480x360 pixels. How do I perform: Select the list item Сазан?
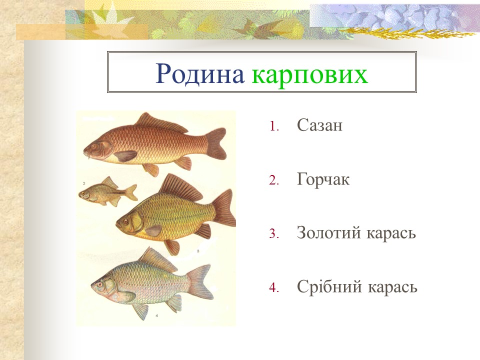(319, 125)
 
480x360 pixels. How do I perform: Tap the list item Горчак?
(323, 179)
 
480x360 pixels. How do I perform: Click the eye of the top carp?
(93, 146)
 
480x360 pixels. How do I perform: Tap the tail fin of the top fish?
(217, 142)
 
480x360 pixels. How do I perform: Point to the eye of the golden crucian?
(125, 220)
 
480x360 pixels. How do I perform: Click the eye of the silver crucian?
(100, 284)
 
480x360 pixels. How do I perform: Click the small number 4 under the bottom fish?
(157, 316)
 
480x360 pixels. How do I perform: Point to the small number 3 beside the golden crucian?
(198, 250)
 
